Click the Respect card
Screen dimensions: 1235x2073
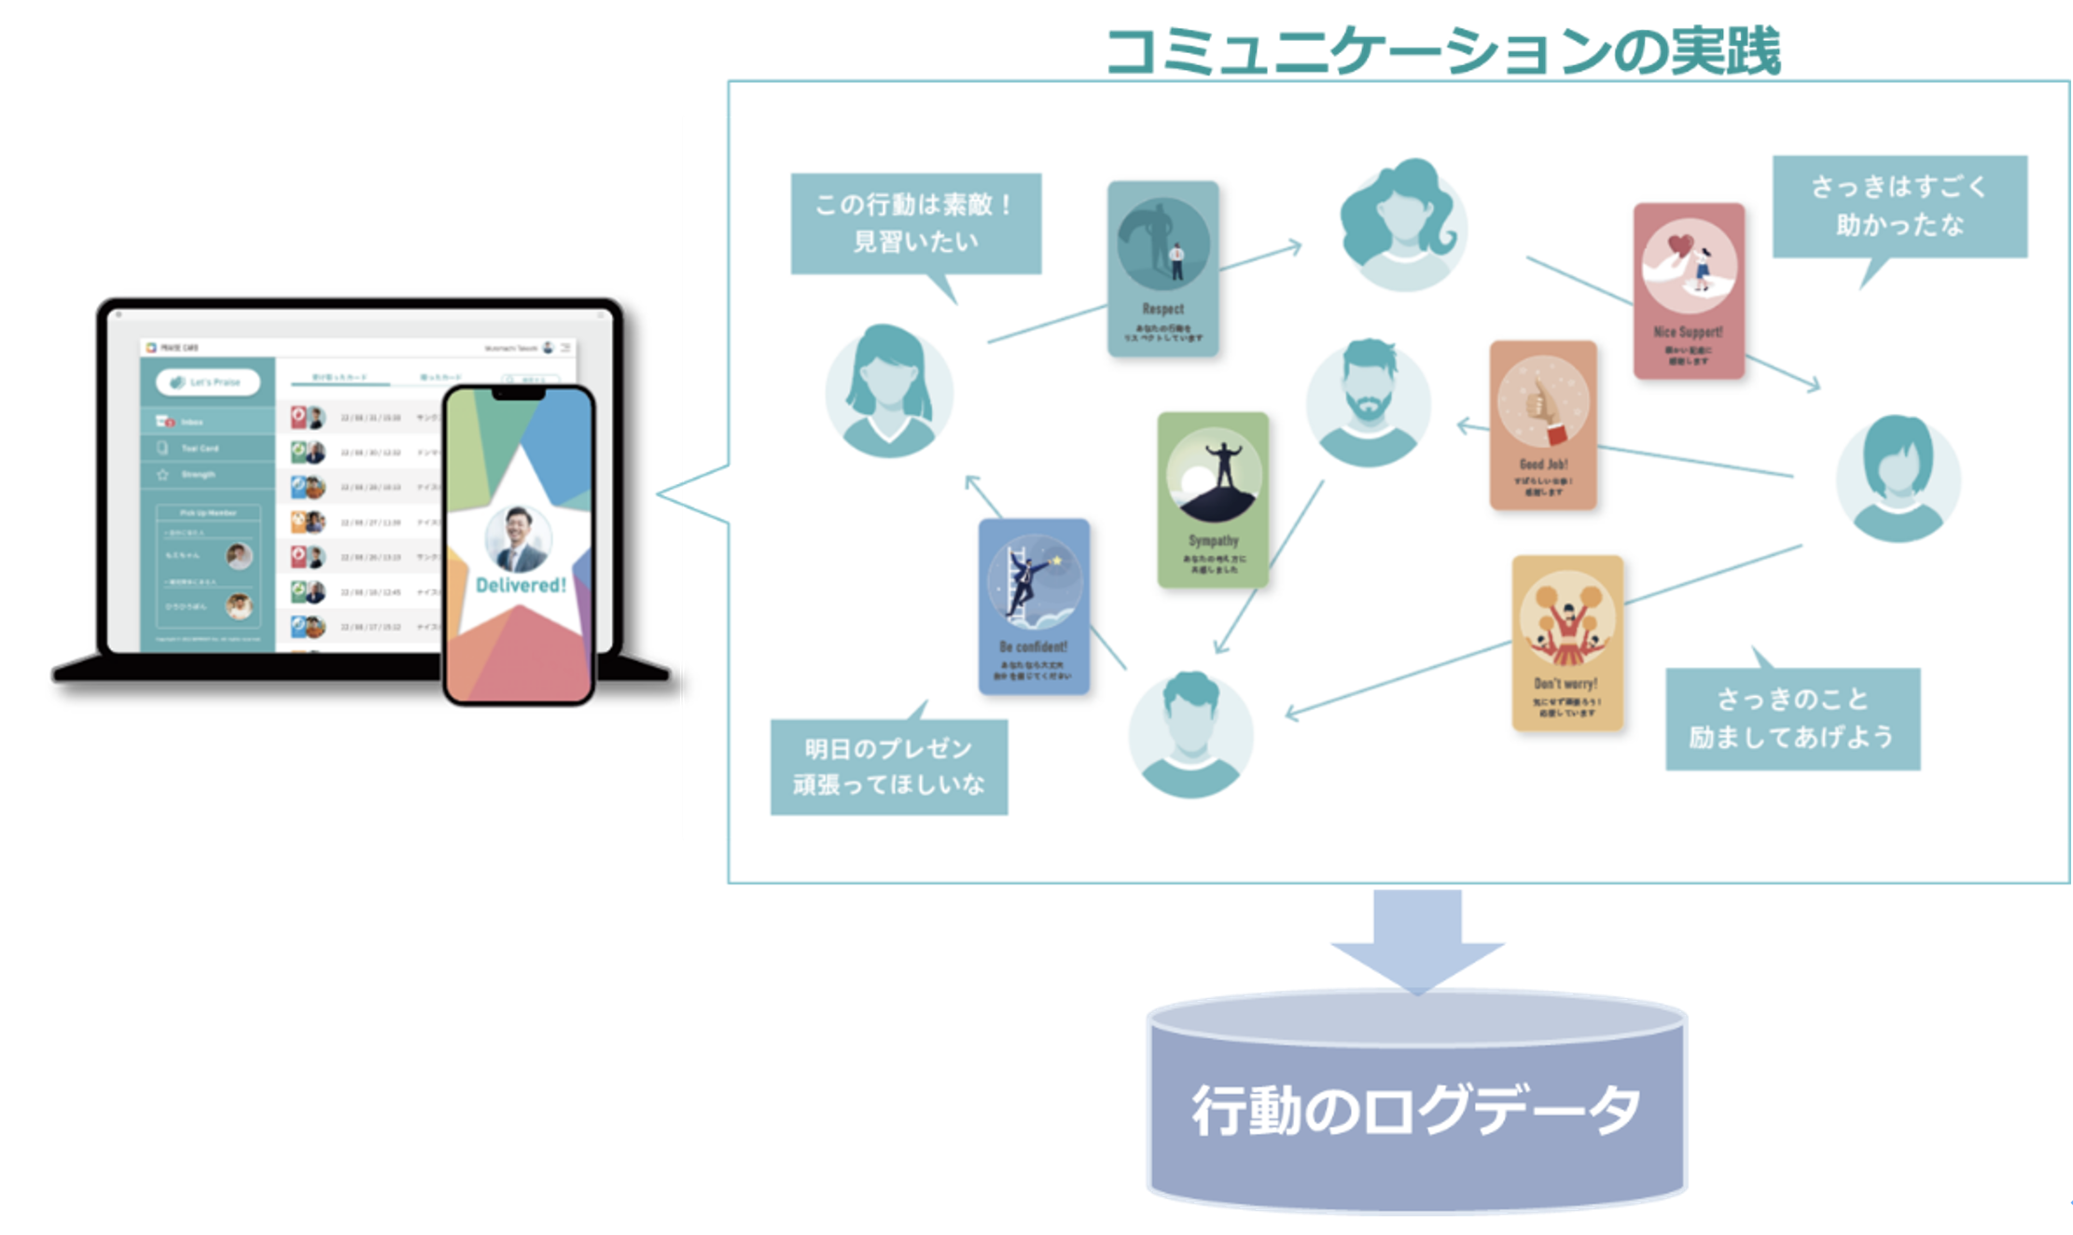(x=1162, y=269)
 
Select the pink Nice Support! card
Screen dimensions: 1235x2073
(x=1689, y=291)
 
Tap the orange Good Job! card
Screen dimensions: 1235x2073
(x=1543, y=425)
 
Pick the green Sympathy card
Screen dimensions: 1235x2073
(x=1213, y=500)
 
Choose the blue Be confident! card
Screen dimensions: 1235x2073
(x=1034, y=606)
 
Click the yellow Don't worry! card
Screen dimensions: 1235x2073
(x=1567, y=643)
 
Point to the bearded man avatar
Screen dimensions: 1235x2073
(x=1368, y=402)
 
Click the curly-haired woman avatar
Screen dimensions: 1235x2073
(x=1402, y=225)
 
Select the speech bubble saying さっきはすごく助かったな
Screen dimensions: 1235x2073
(x=1899, y=206)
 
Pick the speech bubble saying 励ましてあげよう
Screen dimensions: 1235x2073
(x=1792, y=718)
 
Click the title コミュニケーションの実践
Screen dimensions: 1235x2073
(x=1442, y=50)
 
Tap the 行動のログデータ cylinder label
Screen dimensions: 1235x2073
(x=1416, y=1110)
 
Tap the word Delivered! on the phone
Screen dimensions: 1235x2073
(x=521, y=586)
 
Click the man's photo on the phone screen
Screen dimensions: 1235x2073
(x=519, y=539)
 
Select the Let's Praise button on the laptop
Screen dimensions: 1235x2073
(x=207, y=382)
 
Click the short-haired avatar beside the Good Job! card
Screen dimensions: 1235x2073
(x=1898, y=478)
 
